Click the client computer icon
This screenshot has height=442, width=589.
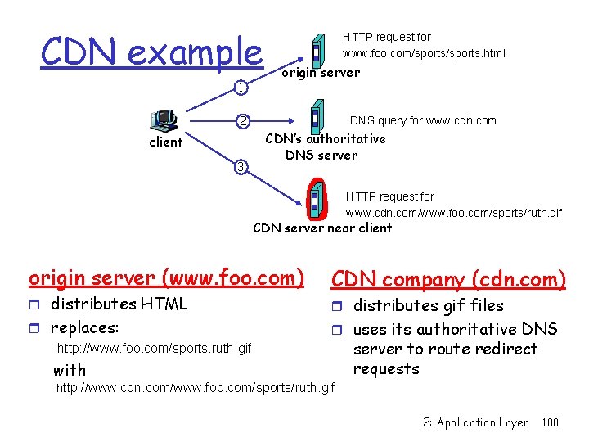point(164,120)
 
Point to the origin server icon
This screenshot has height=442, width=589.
point(317,50)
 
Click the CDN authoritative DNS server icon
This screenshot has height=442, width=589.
point(315,115)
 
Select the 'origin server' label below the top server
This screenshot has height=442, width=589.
point(320,73)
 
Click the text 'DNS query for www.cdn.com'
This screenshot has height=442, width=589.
point(423,120)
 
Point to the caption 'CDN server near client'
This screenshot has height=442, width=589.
point(322,228)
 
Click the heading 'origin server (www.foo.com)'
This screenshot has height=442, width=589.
point(166,278)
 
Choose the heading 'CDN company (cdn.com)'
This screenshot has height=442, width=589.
point(448,280)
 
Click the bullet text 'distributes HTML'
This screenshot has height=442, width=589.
point(119,304)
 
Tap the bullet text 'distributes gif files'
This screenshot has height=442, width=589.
point(428,305)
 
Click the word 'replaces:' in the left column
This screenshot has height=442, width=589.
point(85,328)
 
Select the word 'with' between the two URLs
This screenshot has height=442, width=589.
point(70,370)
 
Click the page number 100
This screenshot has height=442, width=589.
point(551,423)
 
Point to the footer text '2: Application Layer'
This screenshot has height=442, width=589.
point(476,423)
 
